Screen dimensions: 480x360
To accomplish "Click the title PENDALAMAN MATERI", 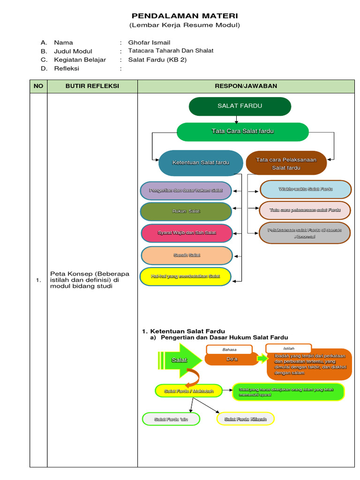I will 184,16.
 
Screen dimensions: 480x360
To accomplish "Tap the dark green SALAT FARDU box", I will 240,106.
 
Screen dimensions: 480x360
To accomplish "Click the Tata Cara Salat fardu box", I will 242,131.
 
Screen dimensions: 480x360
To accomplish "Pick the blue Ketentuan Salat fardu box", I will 201,163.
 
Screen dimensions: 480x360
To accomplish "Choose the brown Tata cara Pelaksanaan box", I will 286,163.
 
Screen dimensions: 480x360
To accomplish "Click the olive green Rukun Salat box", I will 186,211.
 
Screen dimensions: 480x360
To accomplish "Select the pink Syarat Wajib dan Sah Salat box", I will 187,233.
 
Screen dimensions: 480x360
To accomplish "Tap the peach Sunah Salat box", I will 187,255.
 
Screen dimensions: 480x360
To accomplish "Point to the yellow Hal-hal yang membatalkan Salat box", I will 186,277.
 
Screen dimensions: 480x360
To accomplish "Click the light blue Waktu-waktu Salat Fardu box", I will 305,189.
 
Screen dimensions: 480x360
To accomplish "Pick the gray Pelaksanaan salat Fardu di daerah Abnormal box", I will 305,233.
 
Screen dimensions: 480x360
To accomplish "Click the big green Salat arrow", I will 180,360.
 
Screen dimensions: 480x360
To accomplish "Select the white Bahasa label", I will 229,350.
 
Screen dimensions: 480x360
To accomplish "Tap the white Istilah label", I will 288,348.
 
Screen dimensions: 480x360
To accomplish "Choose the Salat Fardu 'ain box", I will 171,419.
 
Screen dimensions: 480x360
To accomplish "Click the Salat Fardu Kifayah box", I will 245,419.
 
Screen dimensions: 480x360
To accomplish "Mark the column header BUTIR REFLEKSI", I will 92,86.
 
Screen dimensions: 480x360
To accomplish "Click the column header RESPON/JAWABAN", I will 246,86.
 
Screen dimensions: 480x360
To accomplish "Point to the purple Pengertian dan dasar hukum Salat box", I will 186,190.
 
